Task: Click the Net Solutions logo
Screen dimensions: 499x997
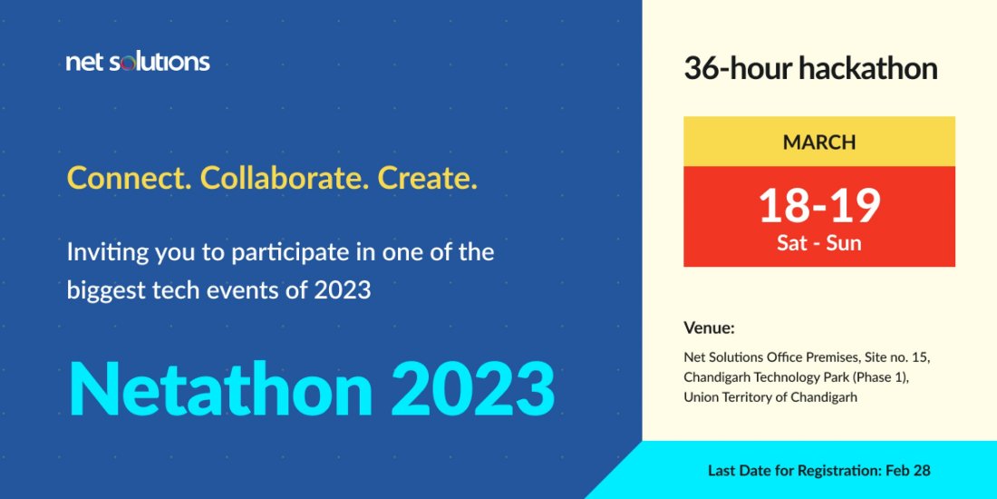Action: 138,62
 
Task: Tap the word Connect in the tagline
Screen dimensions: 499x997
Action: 125,178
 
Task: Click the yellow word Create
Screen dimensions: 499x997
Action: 426,178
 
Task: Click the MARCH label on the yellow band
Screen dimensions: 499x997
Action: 819,142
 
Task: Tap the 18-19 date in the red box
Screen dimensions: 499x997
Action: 819,205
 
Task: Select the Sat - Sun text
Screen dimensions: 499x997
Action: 819,243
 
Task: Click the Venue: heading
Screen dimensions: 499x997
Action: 709,328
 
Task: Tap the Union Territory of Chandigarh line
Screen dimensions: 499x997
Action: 770,396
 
